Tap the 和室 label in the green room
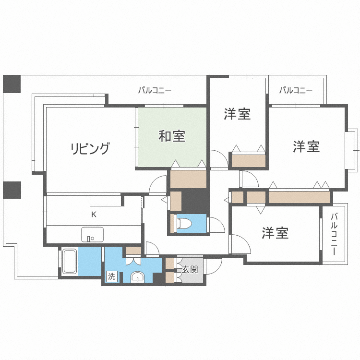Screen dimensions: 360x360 coord(172,137)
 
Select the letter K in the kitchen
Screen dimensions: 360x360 coord(94,215)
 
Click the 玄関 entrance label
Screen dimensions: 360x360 coord(190,269)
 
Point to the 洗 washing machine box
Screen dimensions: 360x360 coord(111,276)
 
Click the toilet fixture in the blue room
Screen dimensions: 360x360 coord(185,223)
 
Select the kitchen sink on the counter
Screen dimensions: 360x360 coord(92,235)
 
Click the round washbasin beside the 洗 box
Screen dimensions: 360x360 coord(138,277)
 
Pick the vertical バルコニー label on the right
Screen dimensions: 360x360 coord(335,234)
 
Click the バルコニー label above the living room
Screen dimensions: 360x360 coord(155,90)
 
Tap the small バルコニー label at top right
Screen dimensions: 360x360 coord(296,90)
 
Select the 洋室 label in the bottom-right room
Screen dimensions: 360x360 coord(275,233)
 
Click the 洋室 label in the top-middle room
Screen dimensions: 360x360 coord(237,114)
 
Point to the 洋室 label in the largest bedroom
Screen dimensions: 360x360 coord(307,146)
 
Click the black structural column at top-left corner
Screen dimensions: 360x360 coord(12,84)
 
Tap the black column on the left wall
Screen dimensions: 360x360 coord(12,190)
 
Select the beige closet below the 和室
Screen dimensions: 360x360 coord(188,179)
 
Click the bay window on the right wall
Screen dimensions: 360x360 coord(352,149)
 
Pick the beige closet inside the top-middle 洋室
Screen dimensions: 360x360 coord(248,160)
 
